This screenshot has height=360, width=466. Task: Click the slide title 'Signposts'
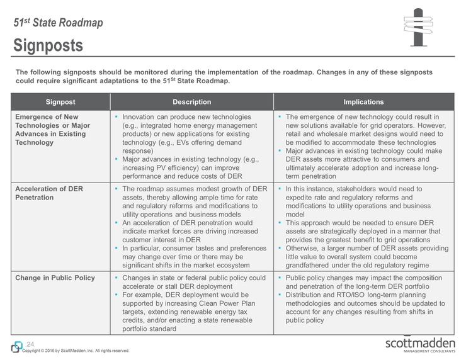pyautogui.click(x=48, y=45)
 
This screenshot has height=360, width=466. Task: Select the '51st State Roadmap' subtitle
pyautogui.click(x=58, y=23)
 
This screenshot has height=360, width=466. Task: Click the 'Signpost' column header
pyautogui.click(x=60, y=102)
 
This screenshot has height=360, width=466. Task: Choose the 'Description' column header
pyautogui.click(x=191, y=102)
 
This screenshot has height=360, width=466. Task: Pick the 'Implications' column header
pyautogui.click(x=363, y=102)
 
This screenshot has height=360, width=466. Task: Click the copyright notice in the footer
pyautogui.click(x=76, y=351)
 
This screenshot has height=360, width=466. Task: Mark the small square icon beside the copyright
pyautogui.click(x=15, y=347)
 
